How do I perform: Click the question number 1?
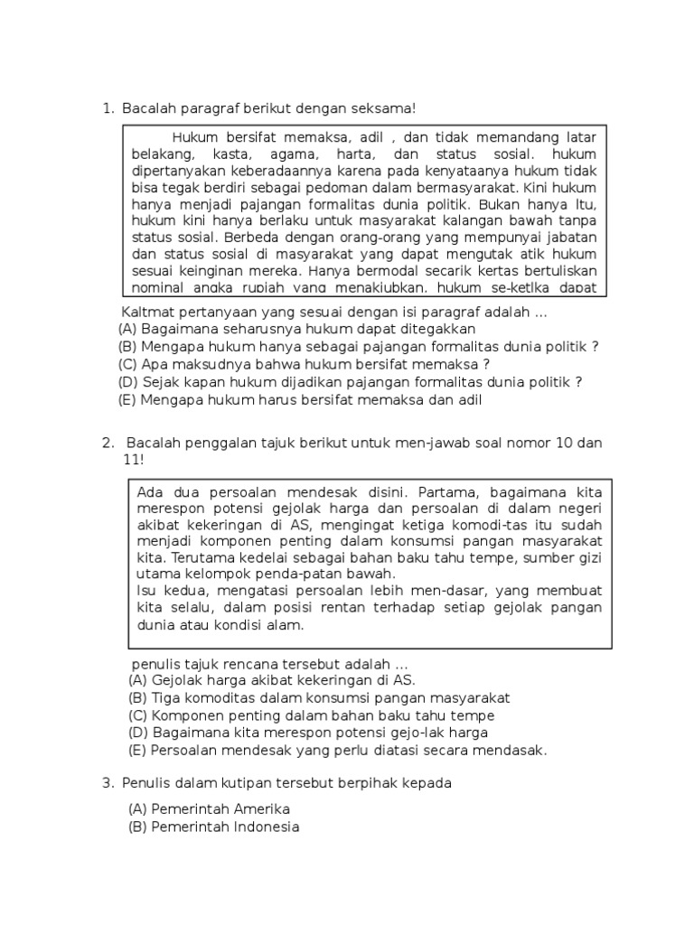tap(106, 109)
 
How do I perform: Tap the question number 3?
tap(107, 783)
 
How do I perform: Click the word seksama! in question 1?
tap(386, 109)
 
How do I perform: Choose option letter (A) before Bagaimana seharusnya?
tap(127, 330)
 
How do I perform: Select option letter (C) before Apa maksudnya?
tap(127, 365)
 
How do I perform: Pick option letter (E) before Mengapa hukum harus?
tap(127, 400)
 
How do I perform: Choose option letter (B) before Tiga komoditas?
tap(138, 698)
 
